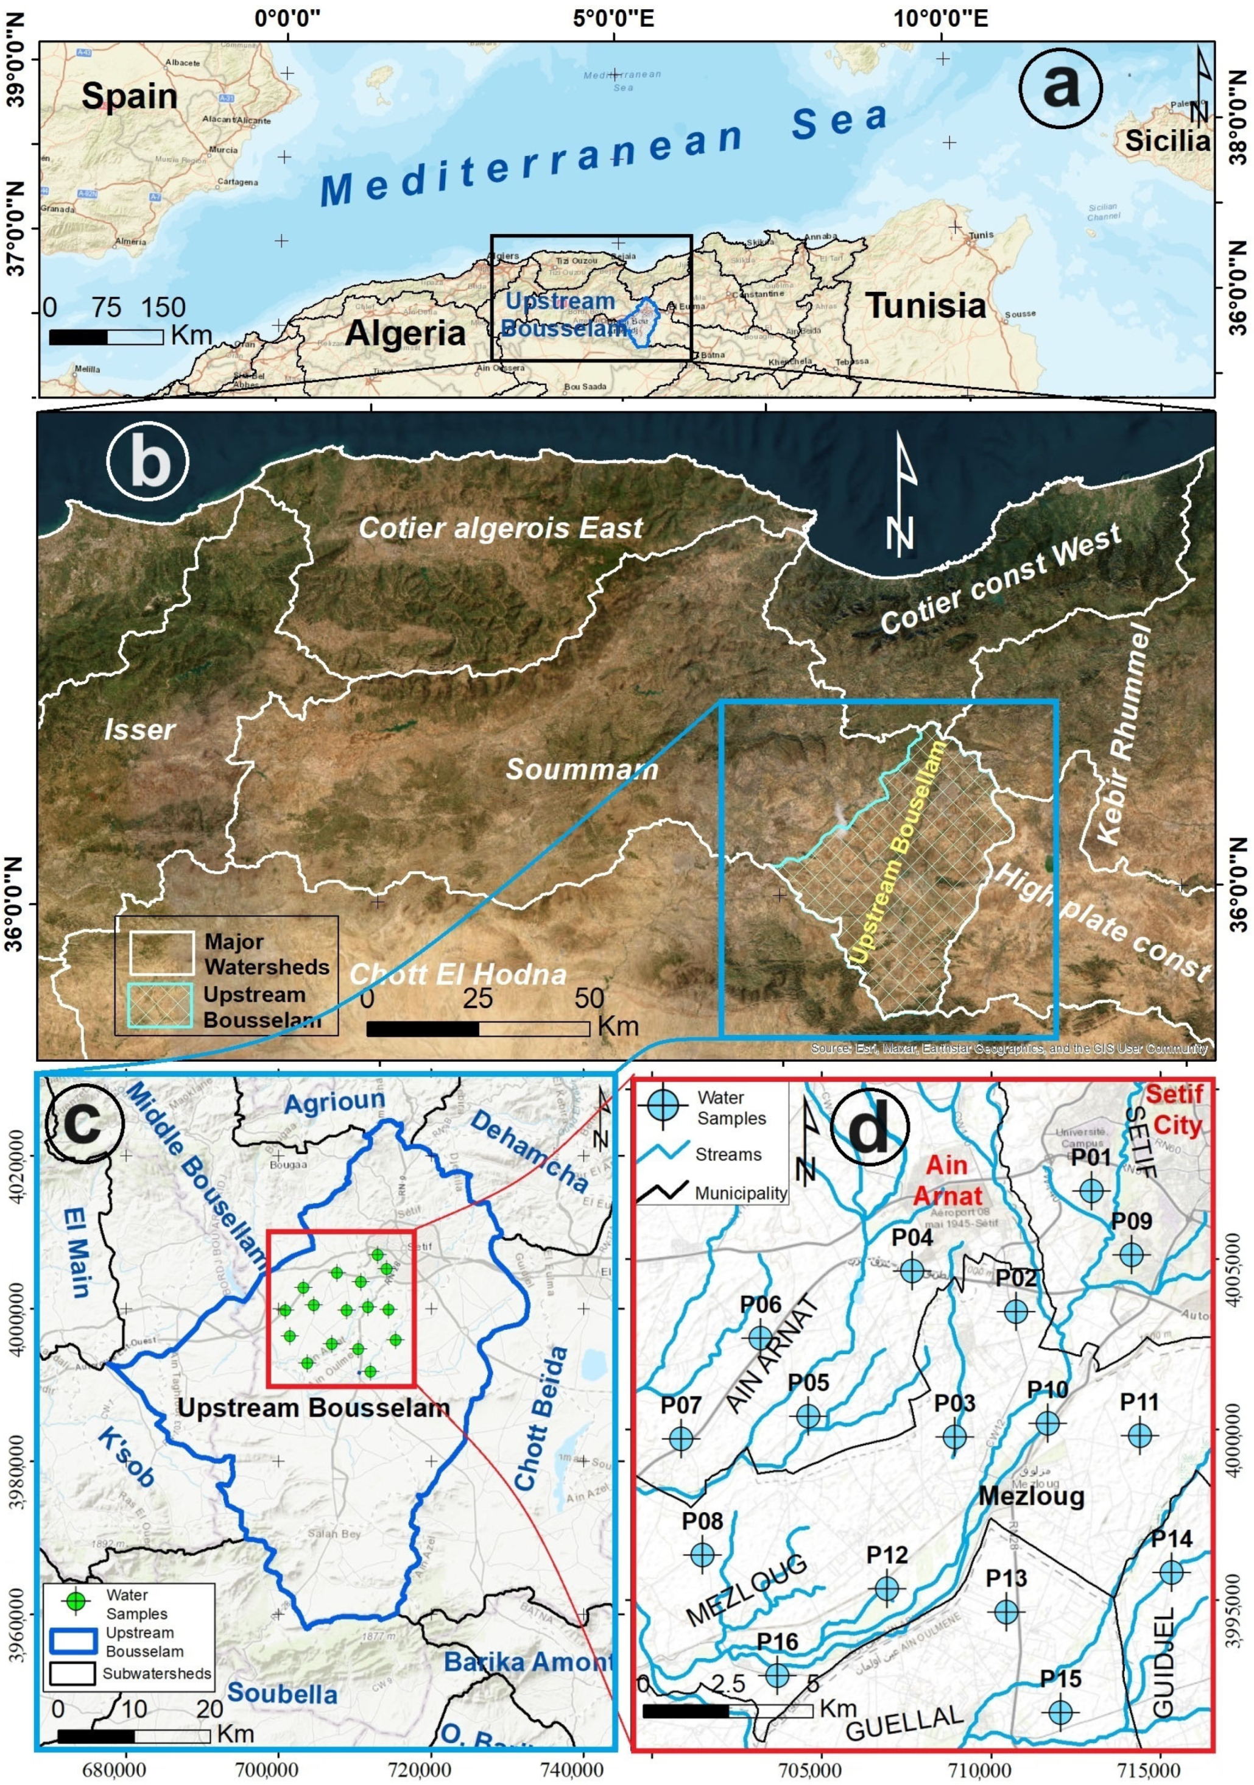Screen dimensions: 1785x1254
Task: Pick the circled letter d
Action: (870, 1130)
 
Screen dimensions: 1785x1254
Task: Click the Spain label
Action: (129, 96)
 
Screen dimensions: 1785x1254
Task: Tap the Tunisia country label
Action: (925, 306)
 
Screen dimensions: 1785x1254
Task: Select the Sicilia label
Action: (1167, 141)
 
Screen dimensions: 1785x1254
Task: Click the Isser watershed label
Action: (139, 729)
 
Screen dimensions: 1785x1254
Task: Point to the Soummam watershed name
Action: (582, 769)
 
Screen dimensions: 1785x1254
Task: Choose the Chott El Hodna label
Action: (458, 974)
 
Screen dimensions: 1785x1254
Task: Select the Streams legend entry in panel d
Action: (728, 1154)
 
